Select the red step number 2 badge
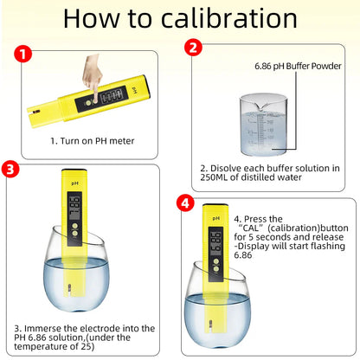click(x=195, y=48)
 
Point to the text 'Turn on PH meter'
click(x=90, y=139)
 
